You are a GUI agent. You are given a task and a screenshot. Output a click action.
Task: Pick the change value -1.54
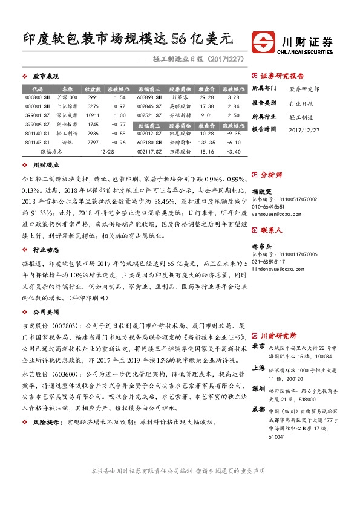point(119,97)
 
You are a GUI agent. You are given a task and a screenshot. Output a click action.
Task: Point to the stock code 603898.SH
point(149,97)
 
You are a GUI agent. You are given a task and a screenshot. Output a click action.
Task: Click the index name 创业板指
point(67,124)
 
